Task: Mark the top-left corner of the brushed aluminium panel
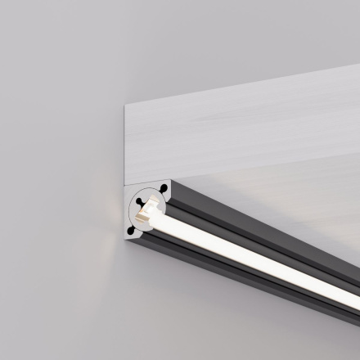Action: coord(124,105)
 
